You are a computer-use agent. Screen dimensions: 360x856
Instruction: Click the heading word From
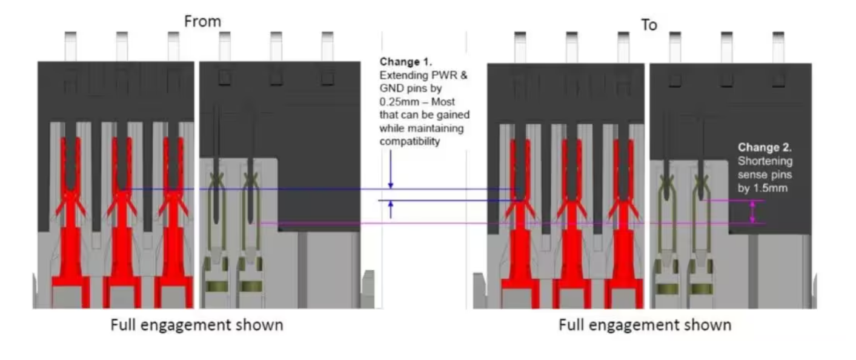(202, 21)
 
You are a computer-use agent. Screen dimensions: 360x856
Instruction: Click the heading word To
(648, 25)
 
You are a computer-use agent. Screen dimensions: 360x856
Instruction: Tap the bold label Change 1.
(405, 62)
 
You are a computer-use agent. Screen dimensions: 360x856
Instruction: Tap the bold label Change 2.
(765, 147)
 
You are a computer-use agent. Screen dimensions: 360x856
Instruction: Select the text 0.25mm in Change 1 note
(397, 102)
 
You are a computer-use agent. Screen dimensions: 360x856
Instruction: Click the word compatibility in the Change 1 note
(409, 141)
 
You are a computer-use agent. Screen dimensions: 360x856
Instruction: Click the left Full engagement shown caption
(196, 325)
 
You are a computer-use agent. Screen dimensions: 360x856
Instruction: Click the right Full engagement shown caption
(644, 325)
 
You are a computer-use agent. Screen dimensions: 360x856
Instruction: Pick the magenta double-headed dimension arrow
(752, 212)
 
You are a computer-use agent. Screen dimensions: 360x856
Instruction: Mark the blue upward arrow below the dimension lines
(391, 209)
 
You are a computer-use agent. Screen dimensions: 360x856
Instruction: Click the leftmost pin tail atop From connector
(70, 45)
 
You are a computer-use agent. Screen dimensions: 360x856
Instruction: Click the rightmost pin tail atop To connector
(778, 46)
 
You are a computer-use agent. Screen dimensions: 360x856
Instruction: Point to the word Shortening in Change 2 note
(765, 162)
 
